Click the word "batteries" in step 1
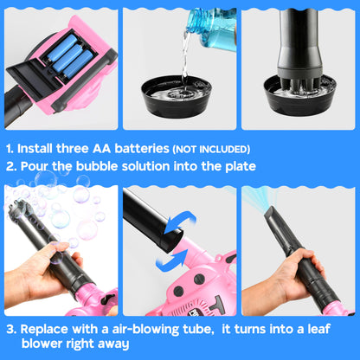[x=142, y=148]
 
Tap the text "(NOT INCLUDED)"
[x=211, y=150]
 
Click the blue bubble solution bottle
[x=213, y=29]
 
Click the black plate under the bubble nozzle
[x=299, y=95]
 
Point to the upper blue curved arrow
[x=181, y=222]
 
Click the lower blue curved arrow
[x=172, y=259]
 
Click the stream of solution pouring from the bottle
[x=184, y=59]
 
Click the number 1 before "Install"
[x=10, y=149]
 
